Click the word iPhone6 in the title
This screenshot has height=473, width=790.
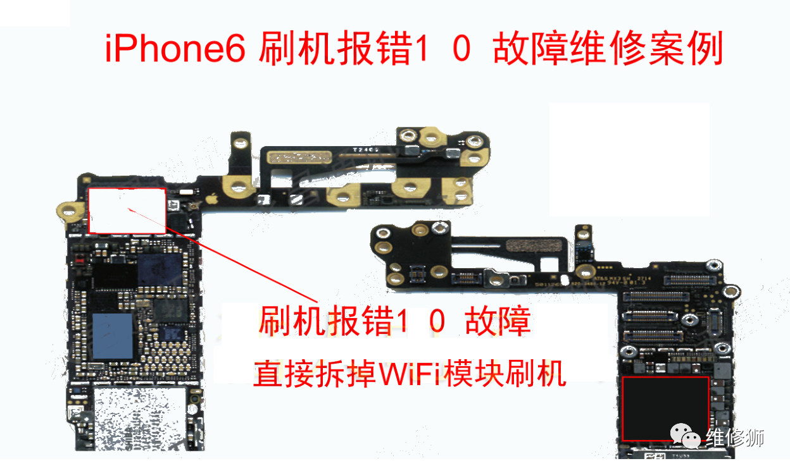coord(175,50)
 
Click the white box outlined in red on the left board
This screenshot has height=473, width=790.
coord(127,211)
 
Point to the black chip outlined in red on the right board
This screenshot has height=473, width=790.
coord(665,408)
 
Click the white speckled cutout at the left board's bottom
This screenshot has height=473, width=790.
coord(139,417)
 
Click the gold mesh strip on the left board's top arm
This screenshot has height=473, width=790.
coord(300,157)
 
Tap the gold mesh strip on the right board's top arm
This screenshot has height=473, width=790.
coord(530,245)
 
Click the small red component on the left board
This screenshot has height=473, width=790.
coord(80,259)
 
